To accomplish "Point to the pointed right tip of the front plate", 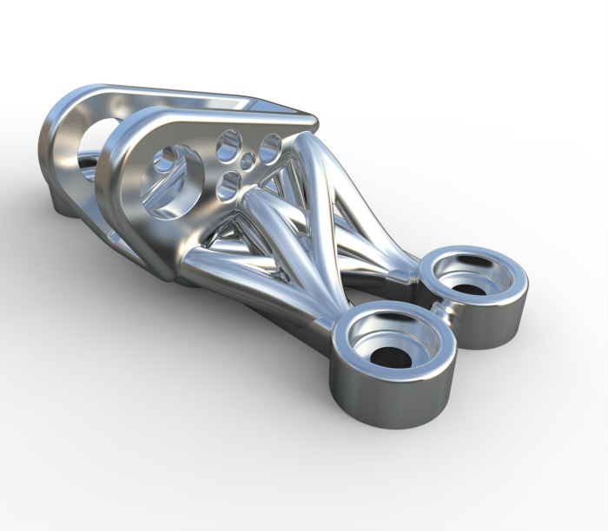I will (x=308, y=121).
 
